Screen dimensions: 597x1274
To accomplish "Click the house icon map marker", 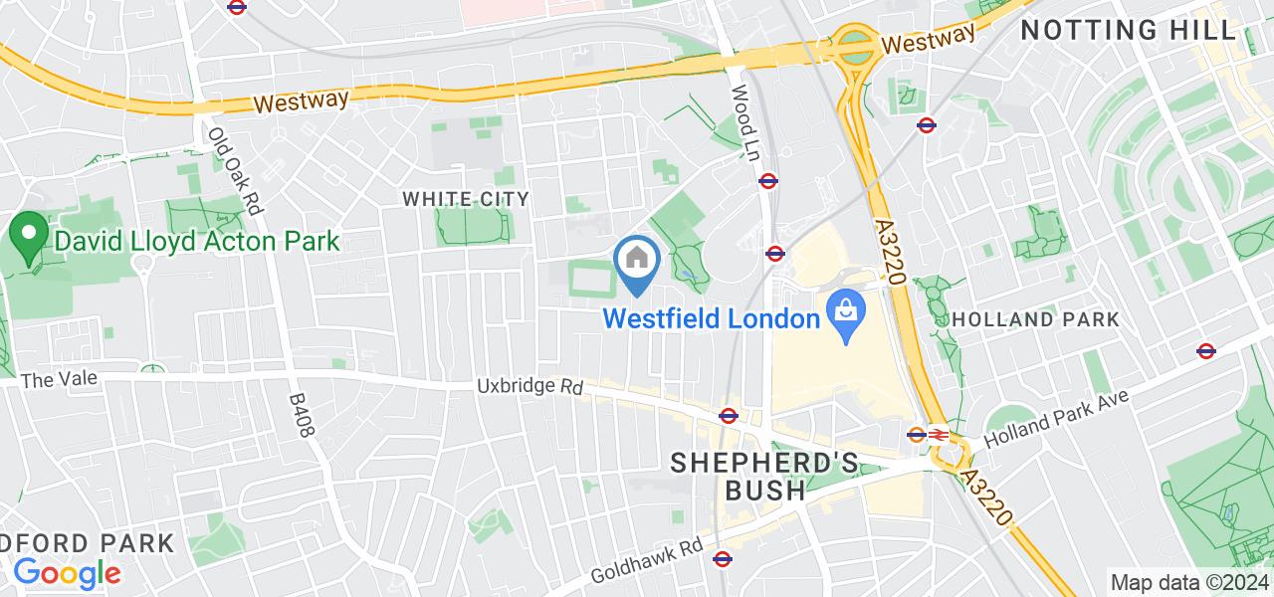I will (x=635, y=260).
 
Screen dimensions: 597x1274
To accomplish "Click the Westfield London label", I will (x=711, y=319).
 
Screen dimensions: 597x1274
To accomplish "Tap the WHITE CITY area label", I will (x=466, y=199).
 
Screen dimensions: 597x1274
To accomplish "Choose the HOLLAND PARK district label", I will (x=1035, y=319).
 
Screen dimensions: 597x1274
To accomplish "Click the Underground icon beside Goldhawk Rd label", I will (x=723, y=559).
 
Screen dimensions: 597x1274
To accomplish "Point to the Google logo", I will (x=67, y=573).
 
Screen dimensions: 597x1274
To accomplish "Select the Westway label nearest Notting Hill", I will (x=928, y=41).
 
